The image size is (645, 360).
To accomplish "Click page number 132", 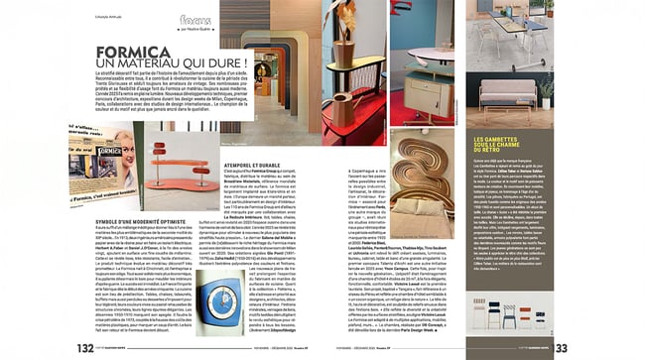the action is [x=84, y=346].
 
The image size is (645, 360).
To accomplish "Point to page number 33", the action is [x=560, y=346].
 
